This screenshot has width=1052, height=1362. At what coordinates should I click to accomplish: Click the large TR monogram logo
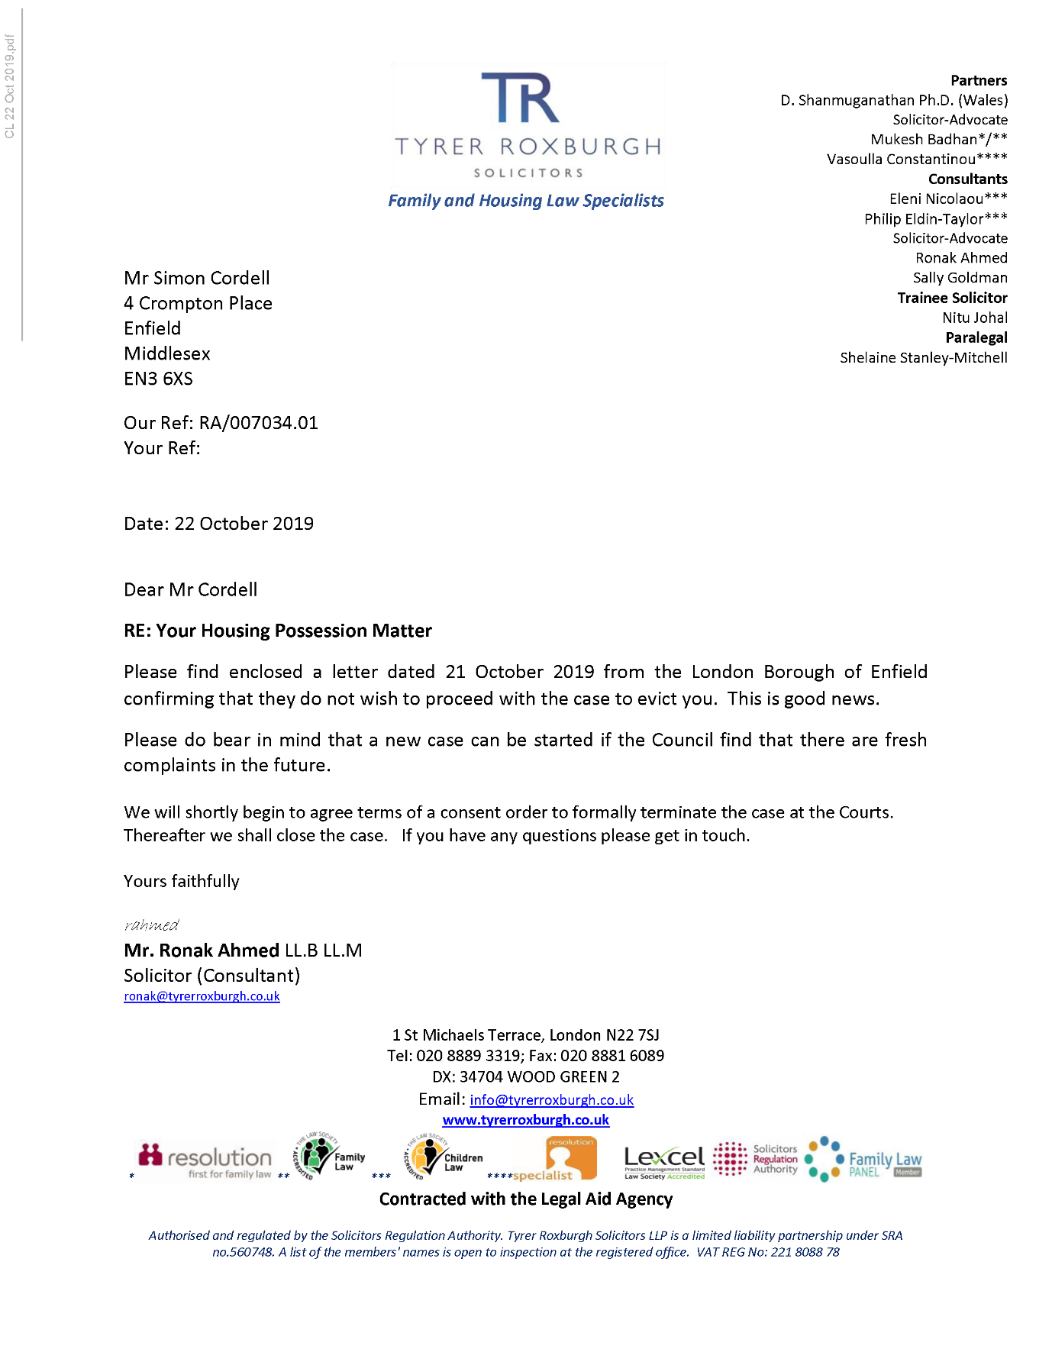click(521, 98)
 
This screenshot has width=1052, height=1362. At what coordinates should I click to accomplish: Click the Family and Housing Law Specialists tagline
click(525, 201)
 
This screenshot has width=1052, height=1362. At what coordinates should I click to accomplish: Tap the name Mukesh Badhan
click(924, 139)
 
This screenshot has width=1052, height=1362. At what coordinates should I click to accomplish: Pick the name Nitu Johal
click(974, 318)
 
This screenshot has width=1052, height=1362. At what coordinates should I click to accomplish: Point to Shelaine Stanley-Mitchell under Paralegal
click(923, 357)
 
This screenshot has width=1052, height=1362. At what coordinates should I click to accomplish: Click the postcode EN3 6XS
click(158, 379)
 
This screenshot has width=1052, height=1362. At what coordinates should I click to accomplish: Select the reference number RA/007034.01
click(258, 423)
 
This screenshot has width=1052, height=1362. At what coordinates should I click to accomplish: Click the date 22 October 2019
click(244, 524)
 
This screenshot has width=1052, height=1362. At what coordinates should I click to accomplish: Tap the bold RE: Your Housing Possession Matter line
click(278, 631)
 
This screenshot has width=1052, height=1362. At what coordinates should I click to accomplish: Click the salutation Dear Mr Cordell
click(190, 589)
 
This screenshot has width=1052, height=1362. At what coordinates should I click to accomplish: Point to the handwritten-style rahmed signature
click(151, 925)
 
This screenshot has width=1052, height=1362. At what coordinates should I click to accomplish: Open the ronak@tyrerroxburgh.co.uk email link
click(202, 996)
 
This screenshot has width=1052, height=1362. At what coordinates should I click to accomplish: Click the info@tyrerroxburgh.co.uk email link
click(551, 1099)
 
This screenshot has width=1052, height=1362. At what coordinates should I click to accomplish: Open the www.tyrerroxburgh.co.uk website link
click(525, 1120)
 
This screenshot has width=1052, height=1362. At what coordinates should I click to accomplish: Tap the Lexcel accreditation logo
click(664, 1160)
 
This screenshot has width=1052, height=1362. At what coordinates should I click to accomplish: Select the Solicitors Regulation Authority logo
click(756, 1159)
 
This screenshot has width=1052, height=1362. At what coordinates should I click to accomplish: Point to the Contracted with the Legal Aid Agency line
click(525, 1199)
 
